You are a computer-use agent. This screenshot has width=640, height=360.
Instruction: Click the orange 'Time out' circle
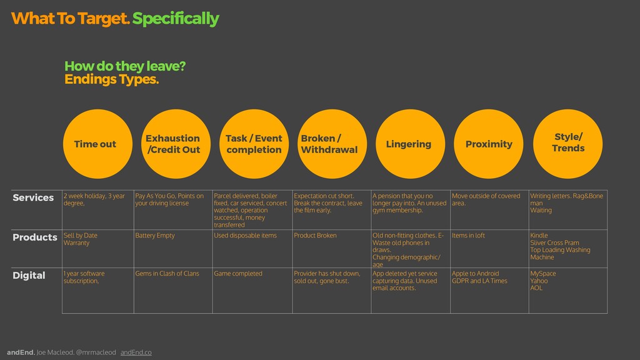point(95,144)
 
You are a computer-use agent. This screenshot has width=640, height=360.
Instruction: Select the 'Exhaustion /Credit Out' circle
point(173,144)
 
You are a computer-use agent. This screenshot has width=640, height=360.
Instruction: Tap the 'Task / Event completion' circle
point(253,144)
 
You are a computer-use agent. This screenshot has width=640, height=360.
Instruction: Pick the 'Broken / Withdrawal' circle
point(330,144)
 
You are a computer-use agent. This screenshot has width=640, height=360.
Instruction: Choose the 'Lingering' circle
point(409,144)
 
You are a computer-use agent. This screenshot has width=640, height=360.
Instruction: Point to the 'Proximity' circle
point(489,144)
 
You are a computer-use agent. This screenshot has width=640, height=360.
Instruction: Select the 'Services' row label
point(33,197)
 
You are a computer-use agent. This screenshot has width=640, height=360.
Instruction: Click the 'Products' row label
point(35,237)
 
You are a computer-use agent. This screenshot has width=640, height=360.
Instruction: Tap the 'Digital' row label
point(29,276)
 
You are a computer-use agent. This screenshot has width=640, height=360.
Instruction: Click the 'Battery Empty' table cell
point(155,236)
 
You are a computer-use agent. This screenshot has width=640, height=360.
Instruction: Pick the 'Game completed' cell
point(238,274)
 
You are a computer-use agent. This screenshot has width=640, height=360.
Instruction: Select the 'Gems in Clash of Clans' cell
point(167,274)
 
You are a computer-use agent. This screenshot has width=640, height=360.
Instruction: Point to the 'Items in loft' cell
point(468,236)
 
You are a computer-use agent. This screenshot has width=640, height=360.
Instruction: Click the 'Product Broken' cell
point(315,236)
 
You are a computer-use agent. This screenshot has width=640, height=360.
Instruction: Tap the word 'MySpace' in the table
point(543,274)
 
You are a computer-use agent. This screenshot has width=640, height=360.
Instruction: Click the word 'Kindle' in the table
point(539,236)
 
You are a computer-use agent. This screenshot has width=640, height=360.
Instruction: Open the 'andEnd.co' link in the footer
point(136,352)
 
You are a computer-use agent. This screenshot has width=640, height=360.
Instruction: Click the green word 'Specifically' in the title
point(176,19)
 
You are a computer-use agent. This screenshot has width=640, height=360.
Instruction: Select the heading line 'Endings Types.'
point(112,80)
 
